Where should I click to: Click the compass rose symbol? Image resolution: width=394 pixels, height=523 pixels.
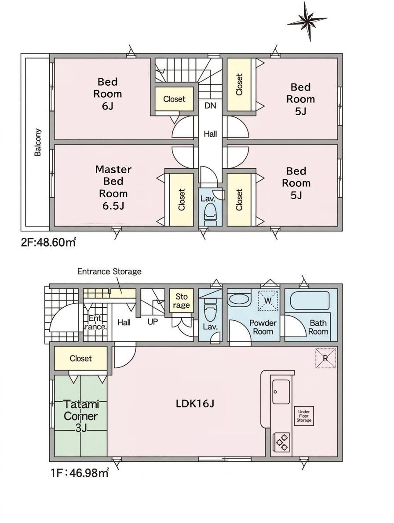tap(308, 21)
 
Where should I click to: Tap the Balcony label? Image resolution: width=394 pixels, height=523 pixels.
tap(38, 142)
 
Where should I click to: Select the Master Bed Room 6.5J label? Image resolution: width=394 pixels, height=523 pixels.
tap(113, 188)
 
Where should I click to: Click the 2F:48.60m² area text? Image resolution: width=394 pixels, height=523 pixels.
tap(48, 242)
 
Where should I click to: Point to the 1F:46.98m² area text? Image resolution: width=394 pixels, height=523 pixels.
tap(80, 472)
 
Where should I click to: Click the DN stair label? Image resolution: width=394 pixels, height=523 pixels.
tap(210, 106)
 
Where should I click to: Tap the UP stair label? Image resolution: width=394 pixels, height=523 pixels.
tap(153, 322)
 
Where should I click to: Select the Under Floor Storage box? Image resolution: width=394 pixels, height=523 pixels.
tap(304, 416)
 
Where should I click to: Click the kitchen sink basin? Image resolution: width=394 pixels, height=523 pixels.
tap(281, 392)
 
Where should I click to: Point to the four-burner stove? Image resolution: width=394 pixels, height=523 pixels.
tap(281, 442)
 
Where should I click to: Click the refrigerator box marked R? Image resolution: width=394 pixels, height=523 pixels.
tap(325, 359)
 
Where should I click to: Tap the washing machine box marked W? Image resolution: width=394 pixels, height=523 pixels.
tap(268, 301)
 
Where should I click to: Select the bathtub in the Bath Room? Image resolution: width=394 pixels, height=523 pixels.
tap(310, 301)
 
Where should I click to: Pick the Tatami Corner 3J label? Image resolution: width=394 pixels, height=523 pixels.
tap(81, 416)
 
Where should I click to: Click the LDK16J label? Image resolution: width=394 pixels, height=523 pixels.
tap(195, 403)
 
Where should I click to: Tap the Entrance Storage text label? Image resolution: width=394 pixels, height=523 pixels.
tap(109, 272)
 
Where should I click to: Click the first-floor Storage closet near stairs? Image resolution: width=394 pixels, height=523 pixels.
tap(182, 301)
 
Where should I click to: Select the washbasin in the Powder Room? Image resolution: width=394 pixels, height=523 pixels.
tap(239, 299)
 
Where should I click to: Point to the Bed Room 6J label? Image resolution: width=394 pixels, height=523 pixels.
tap(107, 94)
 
